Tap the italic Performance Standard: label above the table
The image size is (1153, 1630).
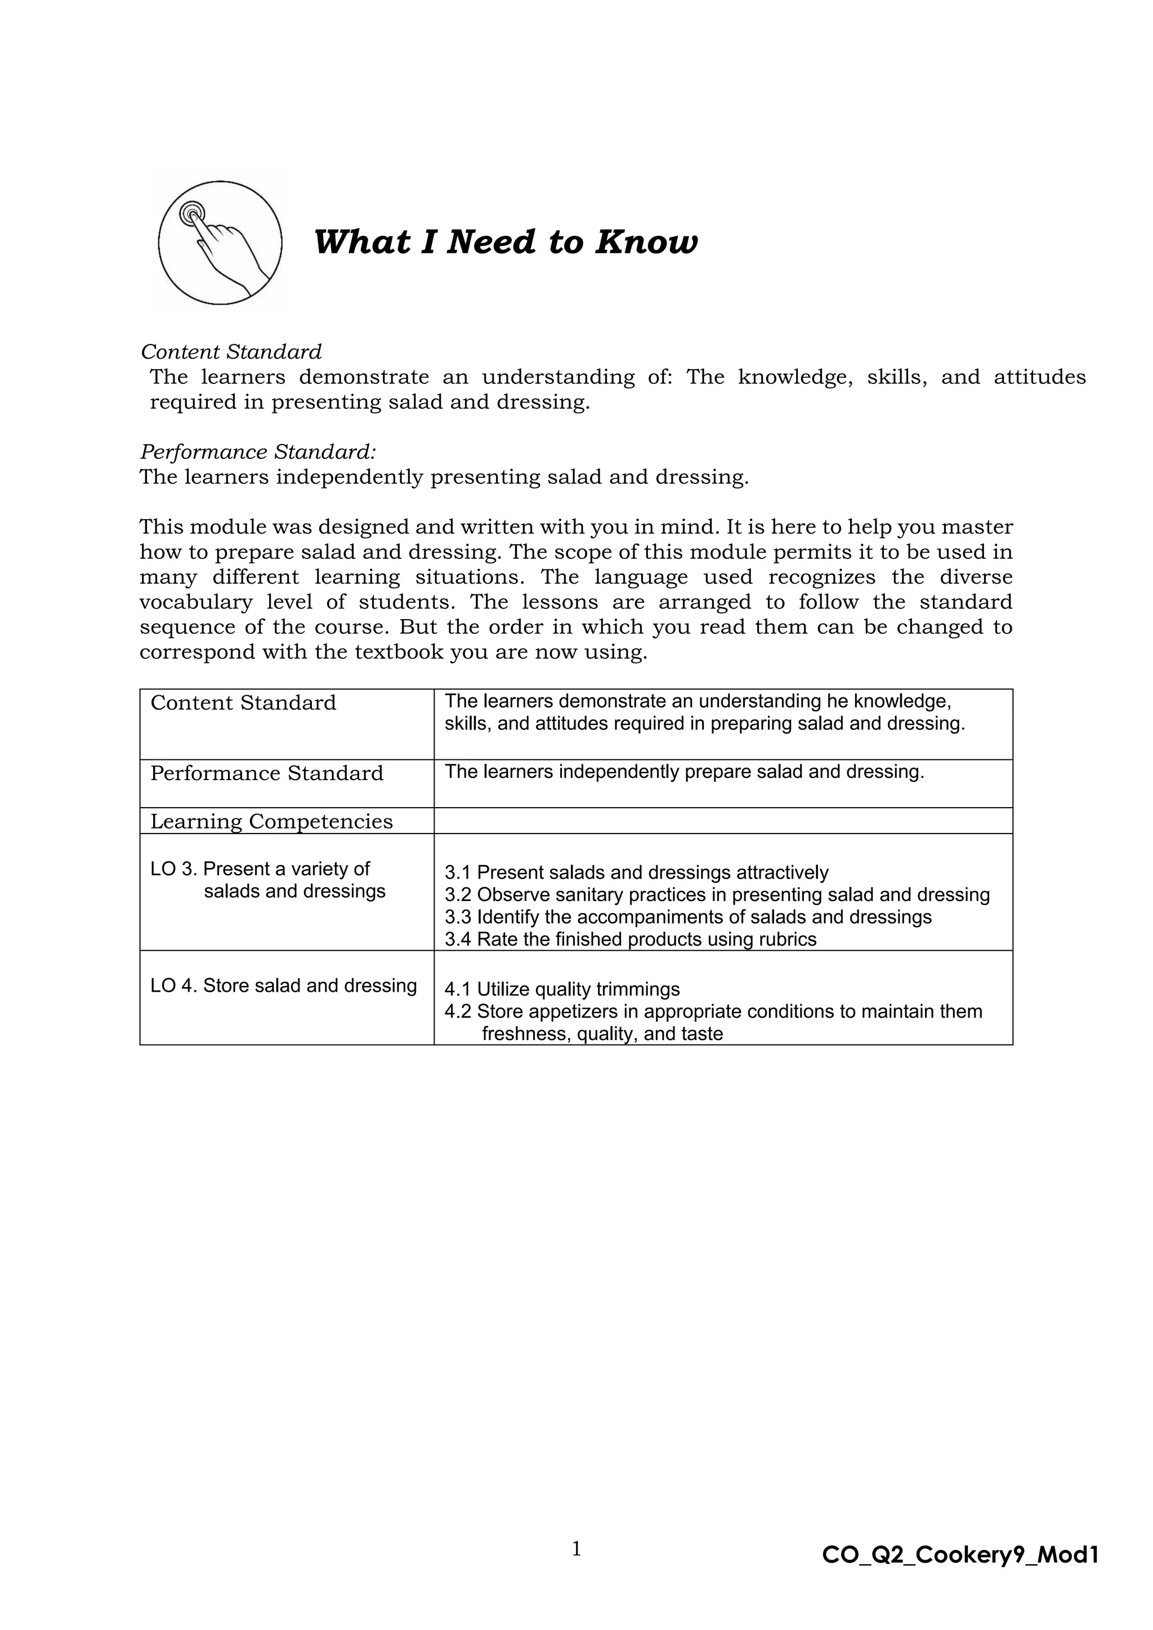[258, 451]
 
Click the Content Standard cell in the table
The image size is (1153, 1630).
[243, 703]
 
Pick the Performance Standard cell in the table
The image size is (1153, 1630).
[266, 773]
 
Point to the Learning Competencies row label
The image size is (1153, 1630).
[271, 821]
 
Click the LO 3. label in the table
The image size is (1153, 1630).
[173, 869]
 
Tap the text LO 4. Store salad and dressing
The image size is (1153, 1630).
[283, 986]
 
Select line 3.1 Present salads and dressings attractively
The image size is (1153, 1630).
[636, 872]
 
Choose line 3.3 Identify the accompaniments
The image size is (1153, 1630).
[687, 917]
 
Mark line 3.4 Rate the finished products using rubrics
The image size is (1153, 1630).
[631, 939]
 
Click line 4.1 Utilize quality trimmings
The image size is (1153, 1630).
[562, 989]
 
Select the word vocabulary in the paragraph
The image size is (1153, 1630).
[195, 602]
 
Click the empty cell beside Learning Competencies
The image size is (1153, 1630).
[722, 821]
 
